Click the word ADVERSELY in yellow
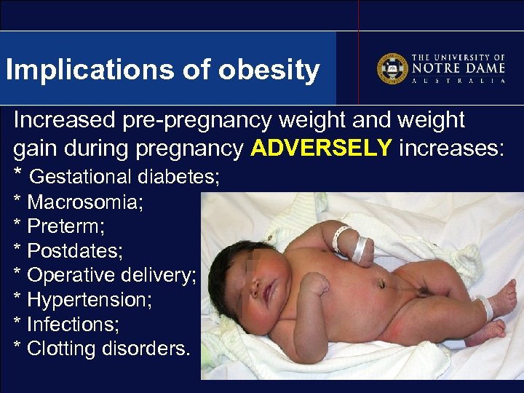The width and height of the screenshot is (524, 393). tap(321, 148)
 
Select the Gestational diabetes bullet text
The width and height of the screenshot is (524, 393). tap(124, 177)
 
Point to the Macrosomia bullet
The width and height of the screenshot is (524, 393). tap(84, 202)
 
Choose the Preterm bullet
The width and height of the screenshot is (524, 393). tap(65, 226)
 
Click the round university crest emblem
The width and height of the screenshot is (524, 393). tap(392, 68)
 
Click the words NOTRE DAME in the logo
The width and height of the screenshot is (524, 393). tap(458, 68)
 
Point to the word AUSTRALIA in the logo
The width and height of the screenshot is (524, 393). tap(458, 81)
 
